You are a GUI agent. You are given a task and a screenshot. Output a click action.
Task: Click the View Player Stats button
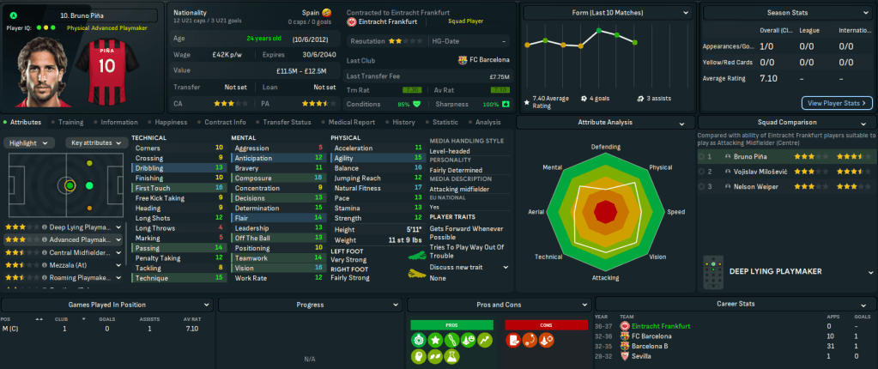point(837,103)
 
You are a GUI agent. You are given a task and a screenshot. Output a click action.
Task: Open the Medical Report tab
point(352,122)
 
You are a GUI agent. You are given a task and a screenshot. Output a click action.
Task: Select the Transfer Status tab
point(288,122)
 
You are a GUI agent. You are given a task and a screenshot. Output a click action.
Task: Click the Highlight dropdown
point(33,142)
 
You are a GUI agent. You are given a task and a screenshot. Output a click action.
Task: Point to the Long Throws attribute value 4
point(221,227)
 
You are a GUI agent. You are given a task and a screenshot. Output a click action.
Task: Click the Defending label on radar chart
point(606,146)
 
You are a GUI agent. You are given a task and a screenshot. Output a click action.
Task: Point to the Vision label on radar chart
point(657,257)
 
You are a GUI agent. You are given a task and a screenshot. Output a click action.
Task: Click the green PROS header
point(452,325)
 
